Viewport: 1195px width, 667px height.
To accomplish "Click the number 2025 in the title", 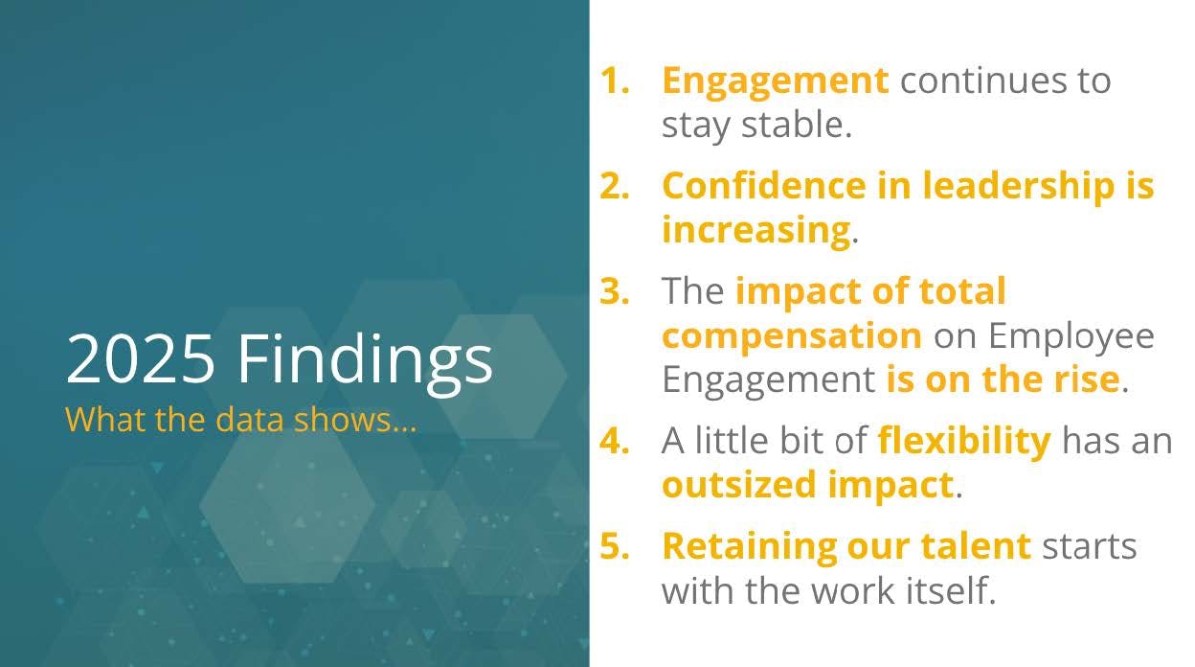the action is pyautogui.click(x=141, y=357).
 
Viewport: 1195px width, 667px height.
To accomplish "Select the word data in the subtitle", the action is pyautogui.click(x=250, y=419).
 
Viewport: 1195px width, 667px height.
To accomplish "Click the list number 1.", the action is pyautogui.click(x=615, y=80).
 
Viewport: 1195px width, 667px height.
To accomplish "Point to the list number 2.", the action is pyautogui.click(x=615, y=186).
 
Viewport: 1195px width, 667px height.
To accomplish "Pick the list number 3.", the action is pyautogui.click(x=615, y=291).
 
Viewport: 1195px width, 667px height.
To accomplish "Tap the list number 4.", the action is pyautogui.click(x=615, y=441).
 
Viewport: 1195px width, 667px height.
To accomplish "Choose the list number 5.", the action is pyautogui.click(x=615, y=546).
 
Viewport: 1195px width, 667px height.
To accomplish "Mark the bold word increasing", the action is pyautogui.click(x=756, y=232).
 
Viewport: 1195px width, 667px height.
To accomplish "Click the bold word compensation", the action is pyautogui.click(x=792, y=337).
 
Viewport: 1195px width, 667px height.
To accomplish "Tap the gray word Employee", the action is pyautogui.click(x=1071, y=337).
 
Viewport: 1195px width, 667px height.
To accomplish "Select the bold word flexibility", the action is pyautogui.click(x=964, y=442).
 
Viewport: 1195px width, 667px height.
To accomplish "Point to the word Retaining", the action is pyautogui.click(x=749, y=548).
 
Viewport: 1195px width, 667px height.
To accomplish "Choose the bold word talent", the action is pyautogui.click(x=976, y=546).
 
